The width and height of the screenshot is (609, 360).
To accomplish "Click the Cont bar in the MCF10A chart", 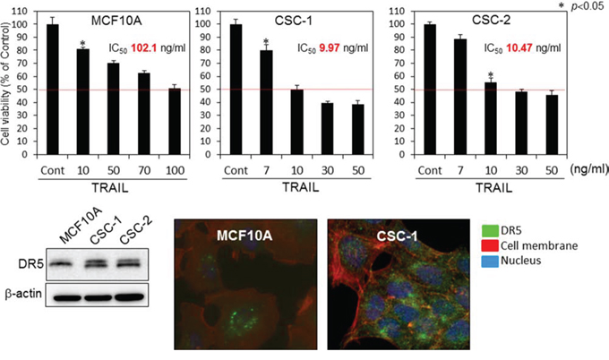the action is tap(53, 90).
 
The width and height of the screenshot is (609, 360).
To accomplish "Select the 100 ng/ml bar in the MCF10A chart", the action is tap(175, 122).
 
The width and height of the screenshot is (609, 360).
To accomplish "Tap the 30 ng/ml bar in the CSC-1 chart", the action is tap(328, 129).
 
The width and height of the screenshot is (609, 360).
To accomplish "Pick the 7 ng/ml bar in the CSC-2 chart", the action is tap(460, 97).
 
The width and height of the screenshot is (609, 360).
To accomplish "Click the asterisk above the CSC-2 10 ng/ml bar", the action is tap(491, 74).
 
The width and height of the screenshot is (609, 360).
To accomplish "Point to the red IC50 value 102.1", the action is tap(143, 48).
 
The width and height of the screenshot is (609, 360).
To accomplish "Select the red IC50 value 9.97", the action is tap(330, 48).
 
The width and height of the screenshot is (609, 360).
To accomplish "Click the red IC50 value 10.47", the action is tap(519, 48).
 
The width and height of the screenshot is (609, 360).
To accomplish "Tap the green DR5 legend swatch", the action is tap(490, 231).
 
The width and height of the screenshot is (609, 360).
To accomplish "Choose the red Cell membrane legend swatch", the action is tap(490, 246).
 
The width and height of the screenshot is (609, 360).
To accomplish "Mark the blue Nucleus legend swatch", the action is tap(490, 261).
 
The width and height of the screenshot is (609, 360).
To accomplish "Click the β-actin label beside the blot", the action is tap(23, 294).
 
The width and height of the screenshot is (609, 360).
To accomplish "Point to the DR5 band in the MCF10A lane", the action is tap(62, 264).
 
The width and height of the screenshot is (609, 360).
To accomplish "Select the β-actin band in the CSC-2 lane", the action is tap(129, 297).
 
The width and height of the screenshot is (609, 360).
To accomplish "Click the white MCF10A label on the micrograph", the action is tap(244, 236).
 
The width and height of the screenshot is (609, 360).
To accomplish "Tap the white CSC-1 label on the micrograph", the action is tap(397, 236).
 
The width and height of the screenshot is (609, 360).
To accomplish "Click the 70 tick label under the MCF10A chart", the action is tap(144, 170).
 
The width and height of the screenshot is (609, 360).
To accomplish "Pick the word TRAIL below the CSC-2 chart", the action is tap(494, 188).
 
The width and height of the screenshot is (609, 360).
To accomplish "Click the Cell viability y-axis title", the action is tap(5, 84).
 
